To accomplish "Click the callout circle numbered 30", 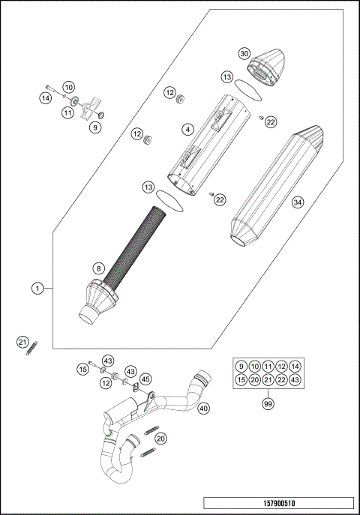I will tap(244, 54).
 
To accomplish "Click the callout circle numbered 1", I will tap(37, 287).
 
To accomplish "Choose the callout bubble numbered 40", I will tap(204, 408).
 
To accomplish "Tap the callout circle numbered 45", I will tap(145, 379).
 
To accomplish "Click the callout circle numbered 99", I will tap(266, 404).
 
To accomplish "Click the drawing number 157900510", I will tap(277, 503).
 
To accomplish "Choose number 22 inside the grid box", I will tap(281, 380).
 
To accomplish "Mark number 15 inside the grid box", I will tap(241, 380).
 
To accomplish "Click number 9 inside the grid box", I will tap(241, 366).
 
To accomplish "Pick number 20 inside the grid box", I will tap(254, 380).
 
